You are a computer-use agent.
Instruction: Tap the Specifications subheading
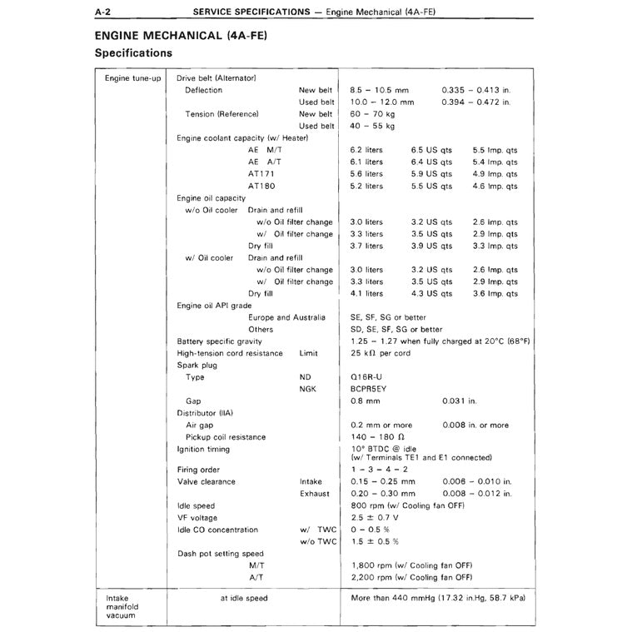(133, 53)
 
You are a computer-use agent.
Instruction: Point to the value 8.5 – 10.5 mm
(380, 90)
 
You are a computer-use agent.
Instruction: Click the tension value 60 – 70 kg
(372, 114)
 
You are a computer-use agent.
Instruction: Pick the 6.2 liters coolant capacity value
(367, 150)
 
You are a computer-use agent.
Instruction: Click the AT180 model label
(261, 186)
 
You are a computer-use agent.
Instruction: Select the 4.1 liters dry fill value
(367, 293)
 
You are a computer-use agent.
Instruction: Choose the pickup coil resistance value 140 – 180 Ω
(377, 437)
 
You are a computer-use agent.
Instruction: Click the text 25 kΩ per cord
(381, 353)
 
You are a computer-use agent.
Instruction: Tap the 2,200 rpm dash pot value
(411, 577)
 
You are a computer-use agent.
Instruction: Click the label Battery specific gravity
(220, 341)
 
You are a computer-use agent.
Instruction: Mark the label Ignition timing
(203, 450)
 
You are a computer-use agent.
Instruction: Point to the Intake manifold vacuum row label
(123, 607)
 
